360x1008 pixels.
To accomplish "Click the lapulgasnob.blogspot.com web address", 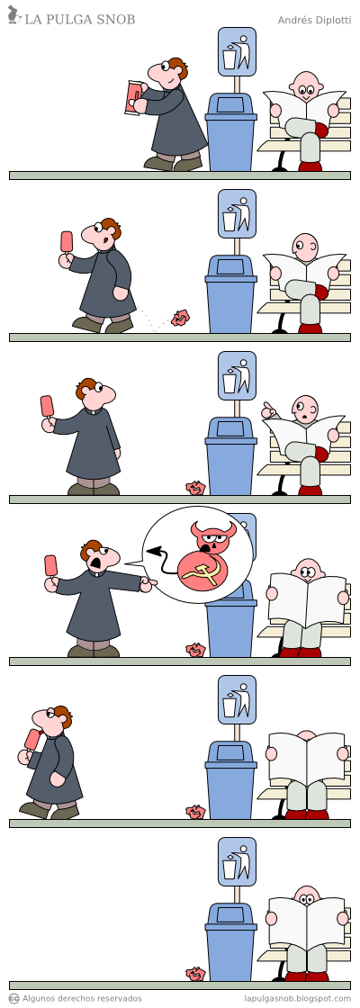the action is (x=298, y=998).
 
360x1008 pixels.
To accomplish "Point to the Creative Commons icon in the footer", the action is (x=13, y=998).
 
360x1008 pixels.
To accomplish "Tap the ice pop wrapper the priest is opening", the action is (x=134, y=97).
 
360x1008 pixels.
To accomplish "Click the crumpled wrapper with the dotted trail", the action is (x=181, y=317).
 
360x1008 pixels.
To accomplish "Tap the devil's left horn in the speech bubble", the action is (x=193, y=527).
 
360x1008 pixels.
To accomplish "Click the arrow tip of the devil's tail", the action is (x=152, y=551).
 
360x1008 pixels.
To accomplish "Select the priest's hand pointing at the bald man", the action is (x=148, y=585).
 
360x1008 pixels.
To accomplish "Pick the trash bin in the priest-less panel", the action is (x=230, y=944).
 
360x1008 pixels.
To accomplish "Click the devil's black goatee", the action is (x=205, y=548).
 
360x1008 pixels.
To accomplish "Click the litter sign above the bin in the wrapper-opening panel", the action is (x=237, y=51).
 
